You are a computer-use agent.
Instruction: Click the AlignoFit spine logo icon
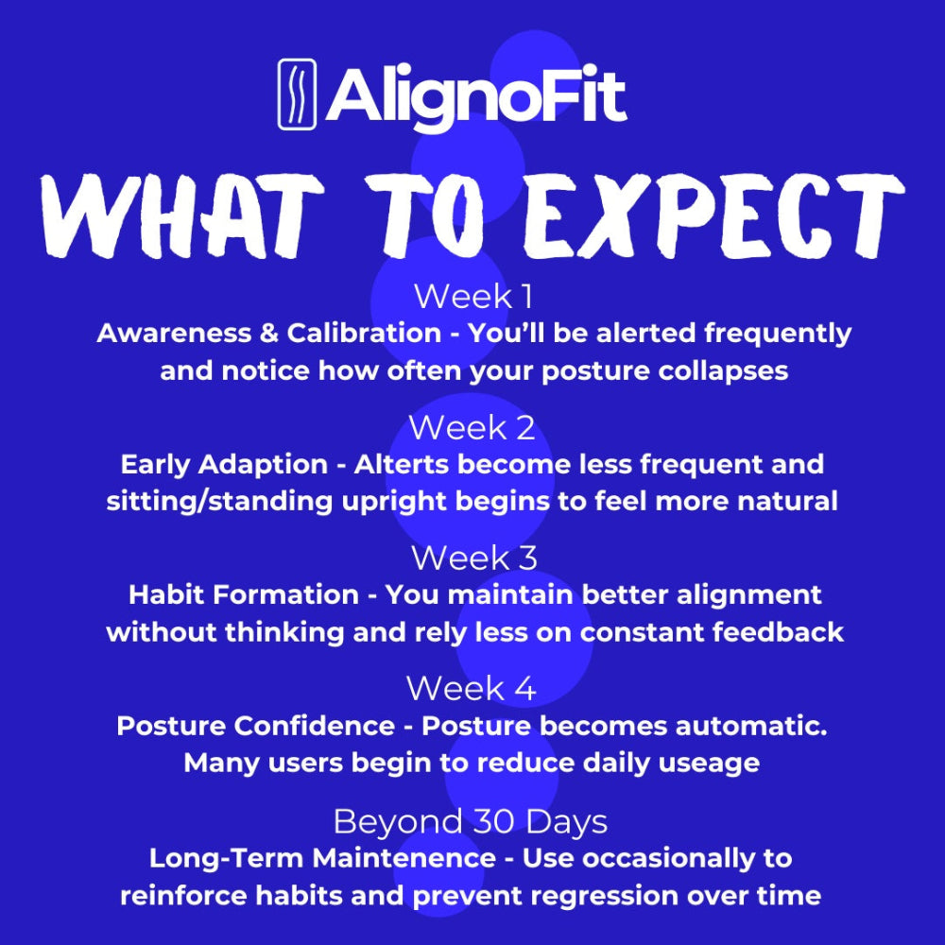[x=297, y=94]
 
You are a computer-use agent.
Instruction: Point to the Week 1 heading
[x=473, y=296]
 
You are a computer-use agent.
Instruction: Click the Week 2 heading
[x=472, y=427]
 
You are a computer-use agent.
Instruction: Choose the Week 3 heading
[x=473, y=558]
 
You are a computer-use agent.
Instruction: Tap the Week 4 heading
[x=472, y=688]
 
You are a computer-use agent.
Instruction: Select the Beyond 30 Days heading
[x=470, y=821]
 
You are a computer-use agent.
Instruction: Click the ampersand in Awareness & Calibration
[x=268, y=334]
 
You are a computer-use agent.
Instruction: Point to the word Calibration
[x=364, y=333]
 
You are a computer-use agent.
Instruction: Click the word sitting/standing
[x=219, y=502]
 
